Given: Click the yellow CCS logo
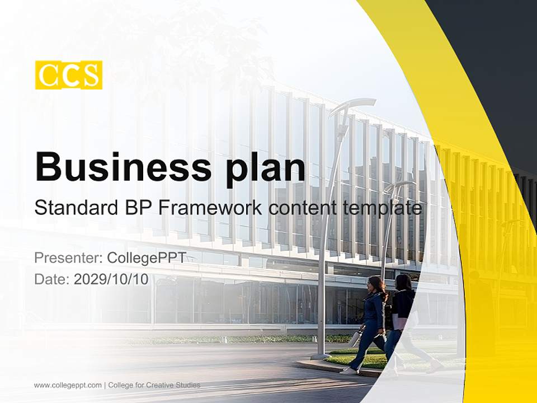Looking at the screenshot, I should tap(69, 75).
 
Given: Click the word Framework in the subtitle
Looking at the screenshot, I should tap(208, 208).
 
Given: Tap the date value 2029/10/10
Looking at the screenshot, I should tap(111, 280).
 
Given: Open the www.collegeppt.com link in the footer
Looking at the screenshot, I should tap(68, 385).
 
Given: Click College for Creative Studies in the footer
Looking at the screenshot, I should tap(154, 385).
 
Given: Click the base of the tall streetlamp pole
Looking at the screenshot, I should tap(321, 354).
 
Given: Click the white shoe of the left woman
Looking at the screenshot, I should tap(348, 370).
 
